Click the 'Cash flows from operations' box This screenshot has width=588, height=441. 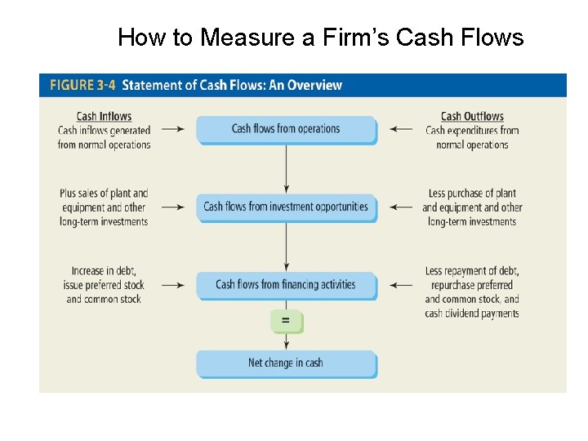(x=286, y=129)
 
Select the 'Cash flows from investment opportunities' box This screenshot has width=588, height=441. (x=286, y=207)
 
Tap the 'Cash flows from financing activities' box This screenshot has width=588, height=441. (x=286, y=285)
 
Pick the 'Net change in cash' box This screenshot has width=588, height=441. (x=286, y=363)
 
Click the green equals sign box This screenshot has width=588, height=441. (x=286, y=321)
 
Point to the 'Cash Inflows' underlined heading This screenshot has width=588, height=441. (x=104, y=117)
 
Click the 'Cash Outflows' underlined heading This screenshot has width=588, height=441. (x=472, y=117)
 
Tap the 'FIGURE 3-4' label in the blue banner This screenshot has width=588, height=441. (x=82, y=85)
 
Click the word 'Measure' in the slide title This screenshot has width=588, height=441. (x=236, y=38)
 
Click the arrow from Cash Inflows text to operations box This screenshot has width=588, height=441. (x=172, y=129)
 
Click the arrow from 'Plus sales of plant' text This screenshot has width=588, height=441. (x=172, y=207)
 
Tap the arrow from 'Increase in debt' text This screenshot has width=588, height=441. (x=172, y=286)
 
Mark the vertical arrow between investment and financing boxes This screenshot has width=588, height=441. (x=286, y=247)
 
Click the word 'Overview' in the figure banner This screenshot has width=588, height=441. (x=314, y=85)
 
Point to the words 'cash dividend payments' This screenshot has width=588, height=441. (x=472, y=314)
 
